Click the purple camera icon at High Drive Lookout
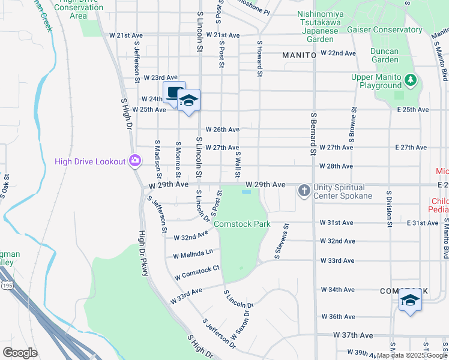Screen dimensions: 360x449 (135, 161)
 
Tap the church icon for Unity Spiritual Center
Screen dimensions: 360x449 (304, 191)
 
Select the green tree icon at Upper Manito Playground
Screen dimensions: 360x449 (411, 79)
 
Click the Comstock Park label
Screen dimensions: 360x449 (243, 224)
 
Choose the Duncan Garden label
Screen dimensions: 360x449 (385, 55)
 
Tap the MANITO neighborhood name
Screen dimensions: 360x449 (299, 55)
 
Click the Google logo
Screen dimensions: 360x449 (20, 353)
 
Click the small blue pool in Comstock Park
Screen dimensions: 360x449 (246, 193)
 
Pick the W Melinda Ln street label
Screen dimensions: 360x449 (193, 254)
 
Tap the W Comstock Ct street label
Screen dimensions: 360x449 (197, 273)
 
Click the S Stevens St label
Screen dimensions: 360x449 (281, 241)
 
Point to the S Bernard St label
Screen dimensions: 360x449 (313, 134)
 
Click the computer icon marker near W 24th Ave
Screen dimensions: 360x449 (174, 93)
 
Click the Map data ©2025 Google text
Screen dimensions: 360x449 (412, 355)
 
